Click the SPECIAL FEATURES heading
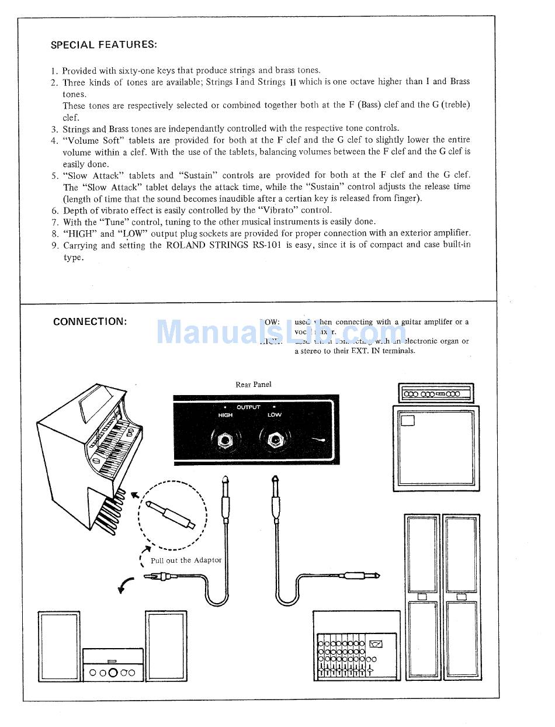[x=103, y=45]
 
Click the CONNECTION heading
[x=90, y=322]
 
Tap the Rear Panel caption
[x=253, y=385]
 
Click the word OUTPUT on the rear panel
[x=249, y=407]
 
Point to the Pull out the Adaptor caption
[x=186, y=560]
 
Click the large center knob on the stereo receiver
[x=113, y=673]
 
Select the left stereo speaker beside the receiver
[x=58, y=646]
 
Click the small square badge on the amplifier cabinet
[x=408, y=420]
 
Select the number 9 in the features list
[x=54, y=245]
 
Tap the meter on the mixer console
[x=376, y=644]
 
